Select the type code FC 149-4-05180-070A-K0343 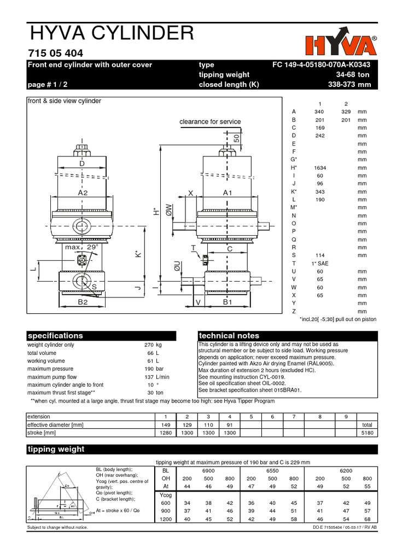click(x=325, y=65)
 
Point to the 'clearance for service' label click(x=210, y=121)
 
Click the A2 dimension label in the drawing click(x=83, y=193)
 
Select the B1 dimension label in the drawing click(x=228, y=301)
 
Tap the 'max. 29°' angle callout click(x=81, y=247)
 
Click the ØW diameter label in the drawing click(x=170, y=209)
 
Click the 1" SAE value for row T click(x=320, y=264)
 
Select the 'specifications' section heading click(x=55, y=336)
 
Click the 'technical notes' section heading click(x=229, y=336)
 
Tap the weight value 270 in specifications click(x=149, y=345)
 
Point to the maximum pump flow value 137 click(x=149, y=377)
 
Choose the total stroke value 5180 click(x=366, y=432)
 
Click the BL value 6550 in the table click(x=272, y=470)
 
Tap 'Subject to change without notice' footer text click(x=57, y=527)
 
